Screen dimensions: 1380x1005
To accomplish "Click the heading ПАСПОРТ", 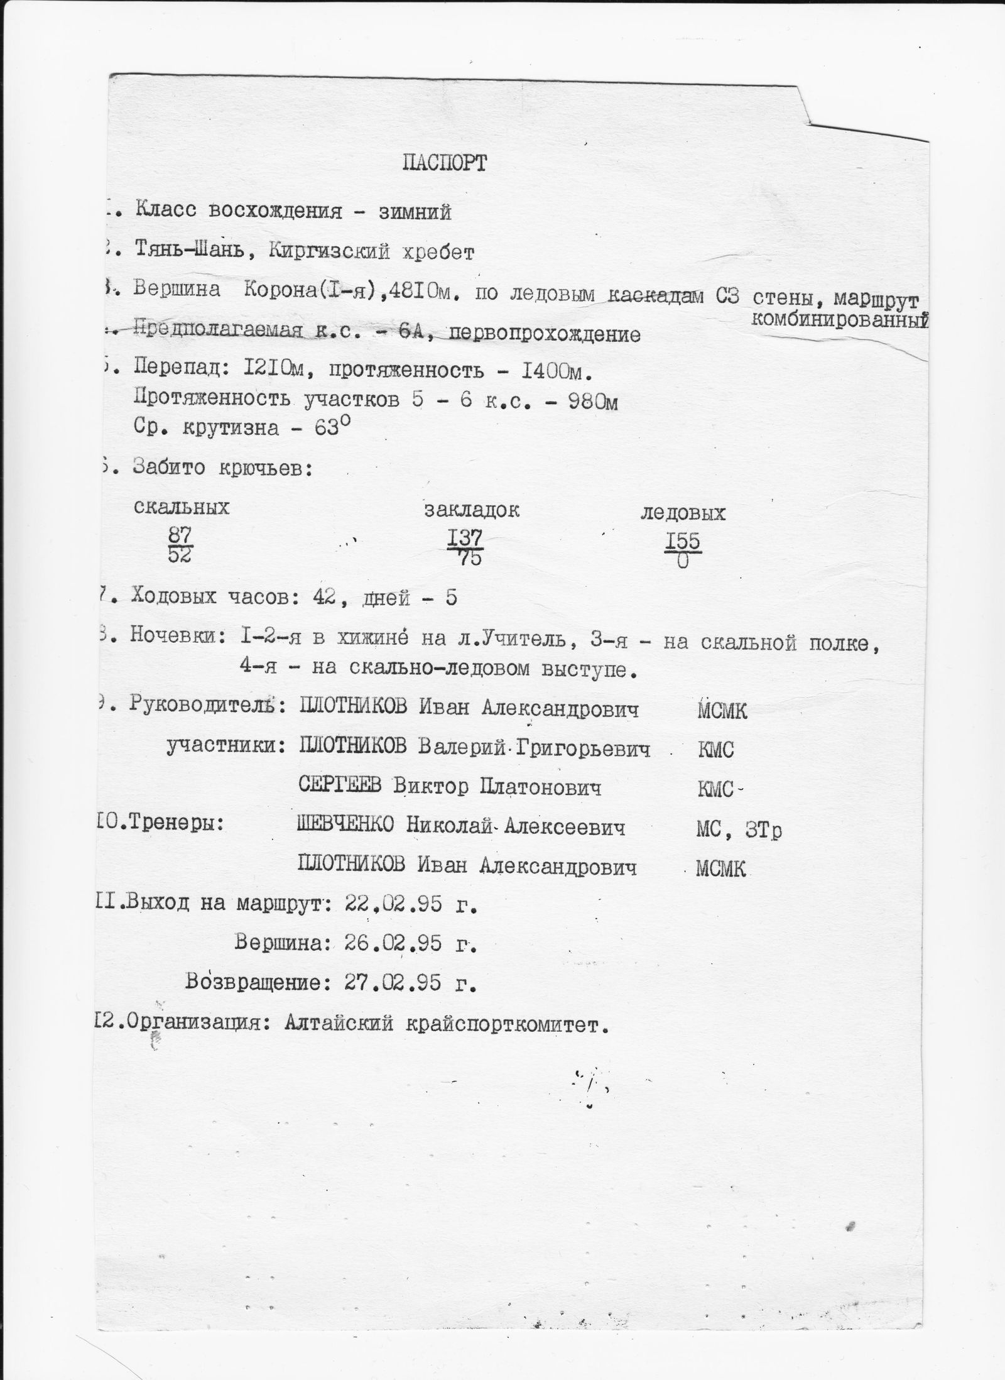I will click(444, 164).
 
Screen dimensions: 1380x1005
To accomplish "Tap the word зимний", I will click(415, 213).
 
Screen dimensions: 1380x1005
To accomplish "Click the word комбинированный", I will click(839, 320).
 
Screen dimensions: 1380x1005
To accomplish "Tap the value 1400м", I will click(557, 373).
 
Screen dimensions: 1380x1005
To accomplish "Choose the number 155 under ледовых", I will click(683, 541).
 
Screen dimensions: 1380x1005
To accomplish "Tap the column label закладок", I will click(472, 510).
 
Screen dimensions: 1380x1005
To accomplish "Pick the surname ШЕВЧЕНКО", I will click(345, 827).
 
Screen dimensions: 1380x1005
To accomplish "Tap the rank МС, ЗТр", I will click(739, 831).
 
